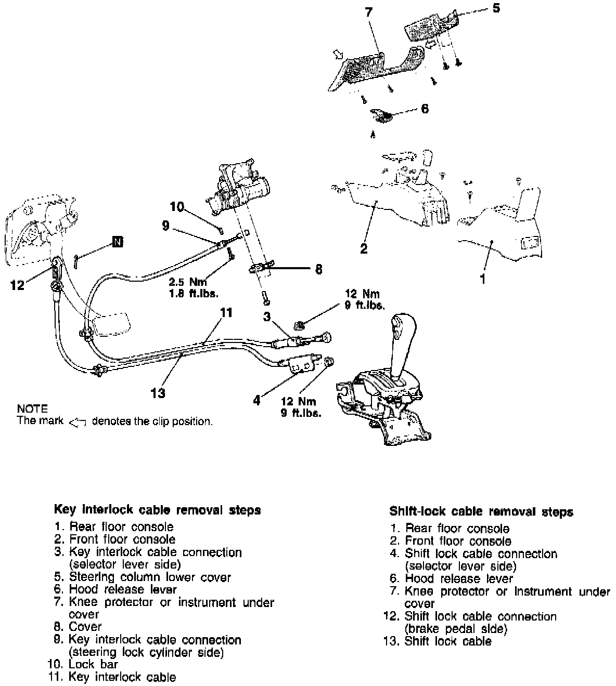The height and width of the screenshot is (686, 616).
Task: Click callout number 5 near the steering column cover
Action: click(496, 8)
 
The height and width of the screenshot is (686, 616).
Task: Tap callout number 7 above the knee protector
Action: click(369, 12)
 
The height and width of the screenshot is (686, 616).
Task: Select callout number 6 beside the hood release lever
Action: click(425, 109)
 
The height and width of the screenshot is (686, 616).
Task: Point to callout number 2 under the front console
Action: click(364, 248)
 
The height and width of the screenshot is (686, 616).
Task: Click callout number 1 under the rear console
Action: click(483, 279)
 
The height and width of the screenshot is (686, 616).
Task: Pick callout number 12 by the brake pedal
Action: click(17, 285)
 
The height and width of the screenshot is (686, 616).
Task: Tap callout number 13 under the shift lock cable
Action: click(158, 393)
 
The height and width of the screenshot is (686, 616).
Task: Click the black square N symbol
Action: click(118, 242)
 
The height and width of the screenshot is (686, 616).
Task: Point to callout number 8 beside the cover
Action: click(318, 269)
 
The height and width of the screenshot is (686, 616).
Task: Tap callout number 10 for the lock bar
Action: click(177, 207)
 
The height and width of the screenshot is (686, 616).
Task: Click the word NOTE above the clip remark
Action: click(32, 409)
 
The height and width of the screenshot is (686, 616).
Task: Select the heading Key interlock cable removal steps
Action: click(157, 510)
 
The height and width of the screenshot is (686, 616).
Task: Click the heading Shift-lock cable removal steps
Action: click(481, 512)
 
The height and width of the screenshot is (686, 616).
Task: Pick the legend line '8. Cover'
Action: click(78, 627)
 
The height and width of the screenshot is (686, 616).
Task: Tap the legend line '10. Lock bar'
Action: click(83, 664)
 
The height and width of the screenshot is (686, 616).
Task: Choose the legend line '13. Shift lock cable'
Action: click(437, 641)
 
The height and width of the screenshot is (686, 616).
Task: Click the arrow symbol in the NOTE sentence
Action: click(78, 422)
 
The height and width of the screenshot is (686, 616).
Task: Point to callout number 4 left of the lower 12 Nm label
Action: click(256, 401)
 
